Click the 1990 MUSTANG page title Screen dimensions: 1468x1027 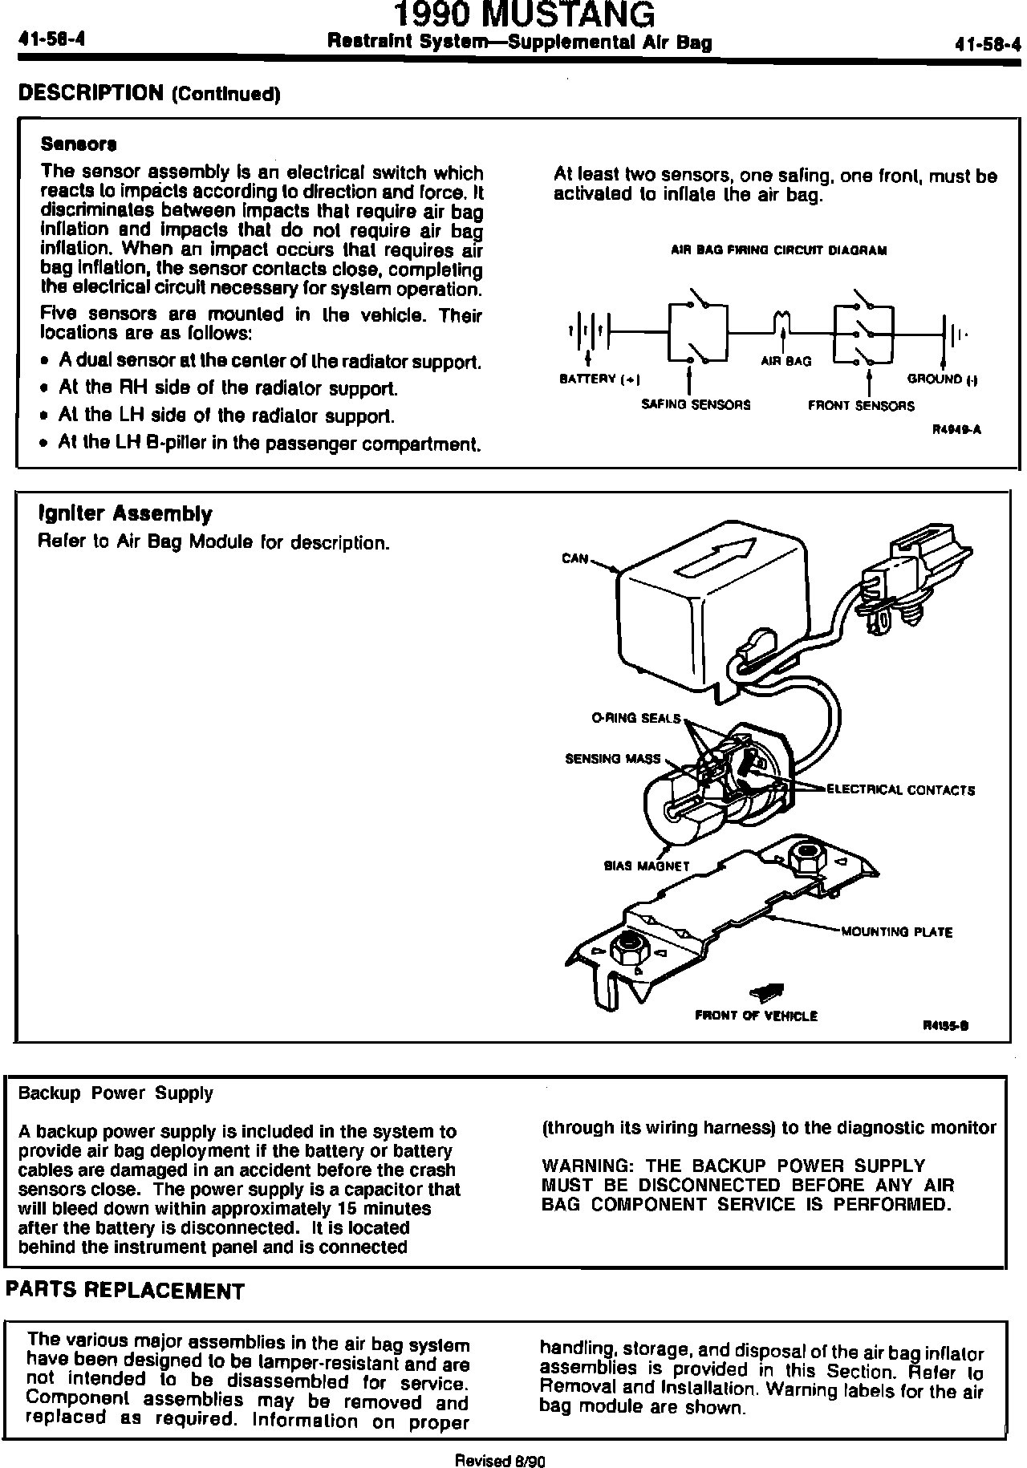coord(526,16)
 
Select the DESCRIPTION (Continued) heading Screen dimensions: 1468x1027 coord(148,94)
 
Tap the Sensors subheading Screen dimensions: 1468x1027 coord(79,145)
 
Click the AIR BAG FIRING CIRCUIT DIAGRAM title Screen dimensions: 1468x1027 coord(779,250)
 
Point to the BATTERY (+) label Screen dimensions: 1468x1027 coord(604,379)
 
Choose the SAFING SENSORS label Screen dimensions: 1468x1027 coord(696,405)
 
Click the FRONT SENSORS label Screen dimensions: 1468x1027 coord(861,406)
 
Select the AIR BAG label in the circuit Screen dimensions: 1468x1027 coord(785,362)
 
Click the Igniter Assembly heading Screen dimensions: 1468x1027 coord(125,513)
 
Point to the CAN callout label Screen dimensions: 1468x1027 coord(575,558)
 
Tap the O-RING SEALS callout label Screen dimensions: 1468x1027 coord(635,719)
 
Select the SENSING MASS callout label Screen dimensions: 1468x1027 coord(613,758)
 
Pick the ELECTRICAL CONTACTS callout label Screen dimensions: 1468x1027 coord(900,790)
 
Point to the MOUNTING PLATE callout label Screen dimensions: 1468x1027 coord(896,932)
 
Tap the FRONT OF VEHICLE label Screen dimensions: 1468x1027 coord(756,1016)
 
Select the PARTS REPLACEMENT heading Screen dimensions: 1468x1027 coord(124,1291)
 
